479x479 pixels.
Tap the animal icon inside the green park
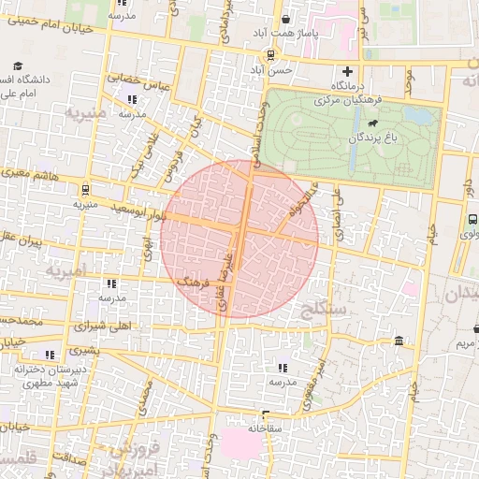click(371, 123)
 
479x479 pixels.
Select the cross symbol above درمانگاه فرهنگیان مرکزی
click(347, 71)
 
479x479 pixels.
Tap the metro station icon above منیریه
click(86, 188)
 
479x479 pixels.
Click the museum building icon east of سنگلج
click(399, 341)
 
